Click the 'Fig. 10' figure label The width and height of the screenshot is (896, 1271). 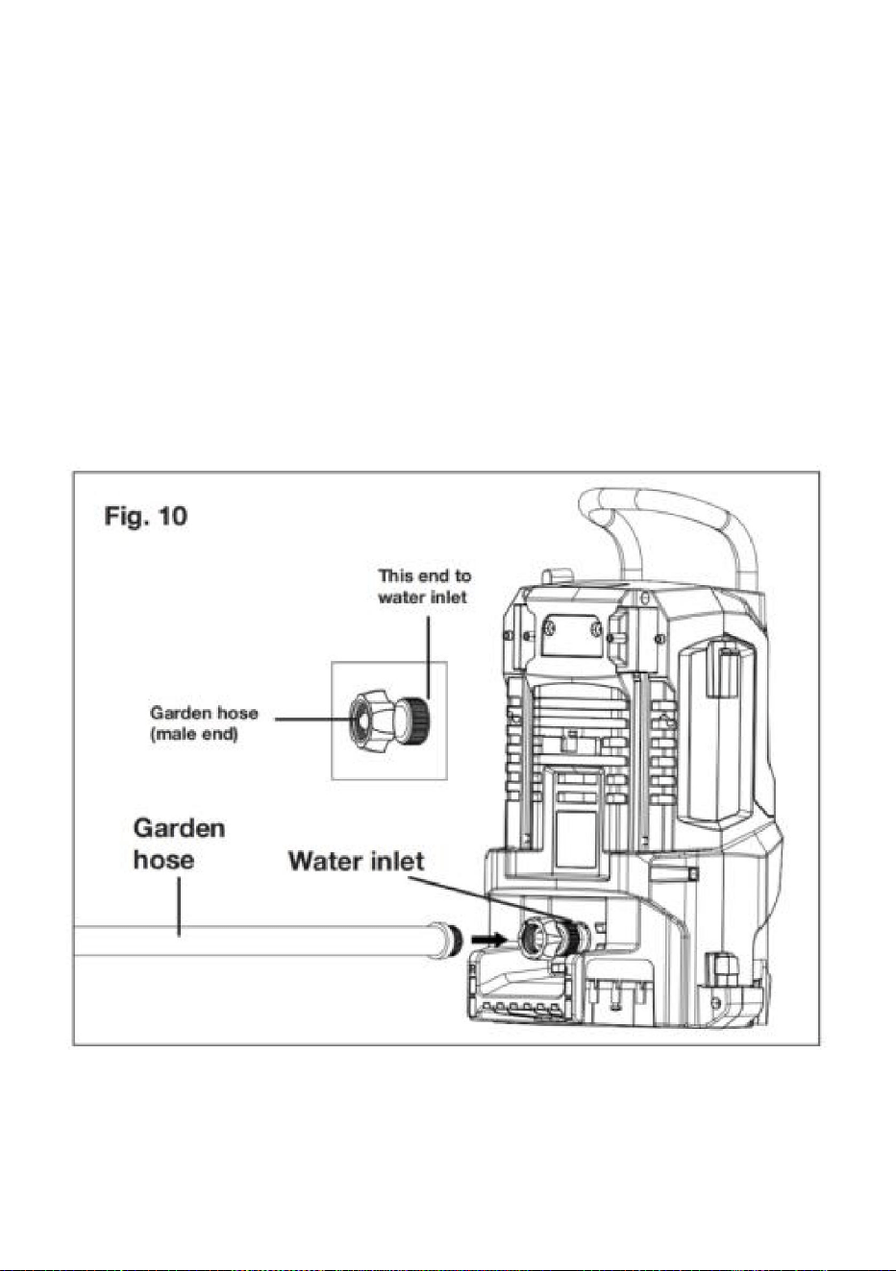click(x=145, y=516)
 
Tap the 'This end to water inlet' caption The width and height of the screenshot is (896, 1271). click(x=424, y=586)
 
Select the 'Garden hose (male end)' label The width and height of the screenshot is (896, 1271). click(x=204, y=722)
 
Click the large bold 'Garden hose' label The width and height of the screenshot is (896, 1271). click(x=179, y=843)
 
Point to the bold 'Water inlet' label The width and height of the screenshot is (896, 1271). click(x=356, y=861)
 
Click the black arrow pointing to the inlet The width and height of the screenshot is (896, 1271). click(x=488, y=940)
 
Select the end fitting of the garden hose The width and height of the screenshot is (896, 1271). click(x=446, y=941)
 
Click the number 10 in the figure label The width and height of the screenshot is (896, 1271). click(x=172, y=516)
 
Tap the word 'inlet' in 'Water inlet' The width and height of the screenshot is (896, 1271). click(x=397, y=861)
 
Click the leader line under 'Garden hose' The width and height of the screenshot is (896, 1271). click(x=180, y=906)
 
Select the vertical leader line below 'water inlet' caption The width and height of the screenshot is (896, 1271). click(x=428, y=658)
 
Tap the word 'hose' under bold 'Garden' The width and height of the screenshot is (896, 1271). click(x=163, y=859)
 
